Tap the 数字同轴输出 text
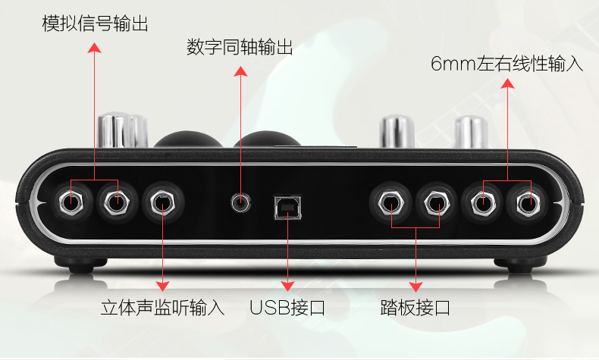tap(240, 48)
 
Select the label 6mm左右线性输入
tap(506, 64)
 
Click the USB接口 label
tap(287, 308)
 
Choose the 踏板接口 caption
tap(415, 308)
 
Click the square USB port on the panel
tap(287, 207)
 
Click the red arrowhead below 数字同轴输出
tap(240, 72)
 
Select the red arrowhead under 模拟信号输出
tap(94, 47)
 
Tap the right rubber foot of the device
tap(515, 265)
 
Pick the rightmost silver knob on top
tap(472, 131)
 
